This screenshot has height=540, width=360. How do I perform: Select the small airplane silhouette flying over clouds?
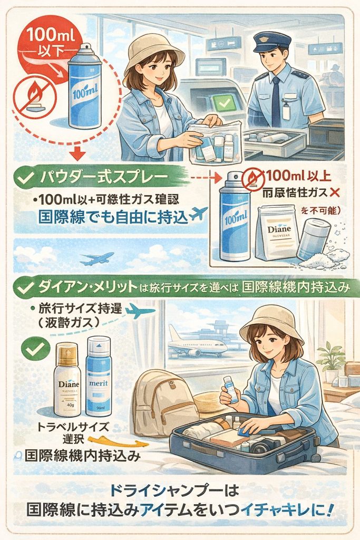point(97,258)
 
